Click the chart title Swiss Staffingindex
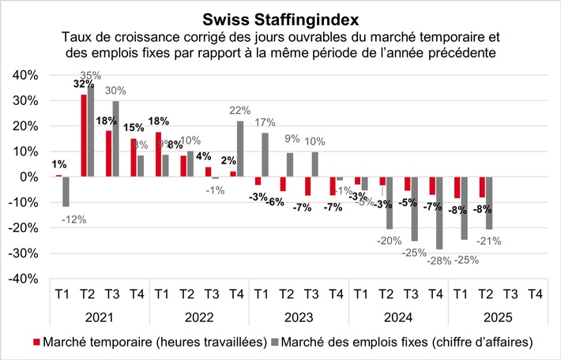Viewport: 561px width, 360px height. (x=280, y=18)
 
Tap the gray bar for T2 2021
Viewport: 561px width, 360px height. (x=92, y=131)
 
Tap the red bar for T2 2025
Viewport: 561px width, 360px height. (x=481, y=187)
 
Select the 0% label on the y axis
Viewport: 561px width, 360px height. (x=25, y=177)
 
